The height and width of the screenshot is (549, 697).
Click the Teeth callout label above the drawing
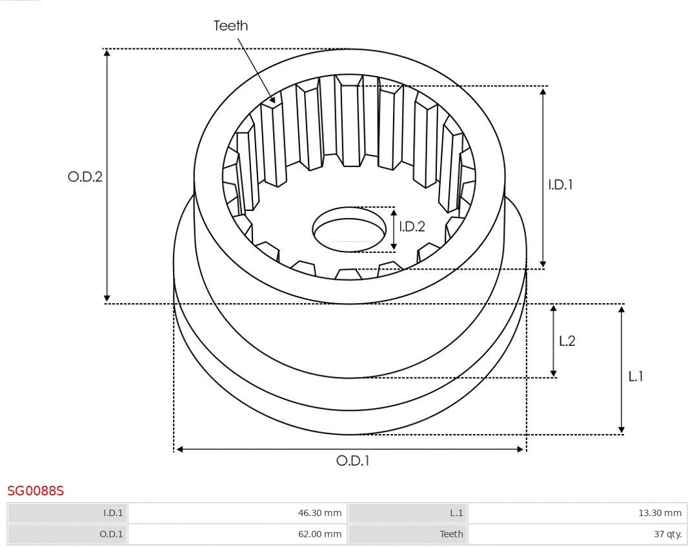230,26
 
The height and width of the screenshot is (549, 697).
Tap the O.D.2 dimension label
85,176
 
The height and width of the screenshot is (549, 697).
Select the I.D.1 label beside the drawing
560,185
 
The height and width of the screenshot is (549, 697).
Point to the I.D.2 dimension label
412,226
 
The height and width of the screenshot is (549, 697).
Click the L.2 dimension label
567,341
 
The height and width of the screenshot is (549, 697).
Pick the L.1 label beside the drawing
636,376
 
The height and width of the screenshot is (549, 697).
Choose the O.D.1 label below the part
352,461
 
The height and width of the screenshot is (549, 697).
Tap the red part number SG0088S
35,491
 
